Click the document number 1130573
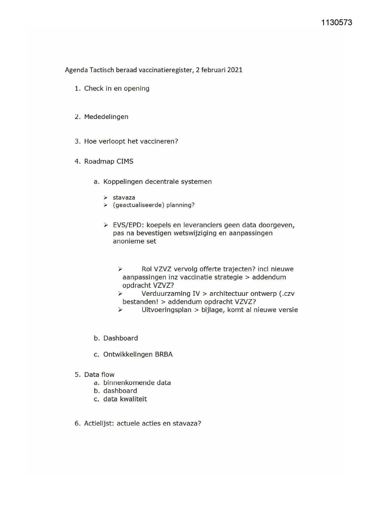[x=337, y=23]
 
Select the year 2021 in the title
[x=235, y=70]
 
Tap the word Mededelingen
[x=106, y=117]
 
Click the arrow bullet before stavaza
[x=106, y=197]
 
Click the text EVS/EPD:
[x=128, y=225]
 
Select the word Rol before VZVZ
[x=147, y=269]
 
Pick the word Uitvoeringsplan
[x=166, y=310]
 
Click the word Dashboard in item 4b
[x=120, y=338]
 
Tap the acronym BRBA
[x=164, y=355]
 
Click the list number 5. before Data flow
[x=78, y=375]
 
